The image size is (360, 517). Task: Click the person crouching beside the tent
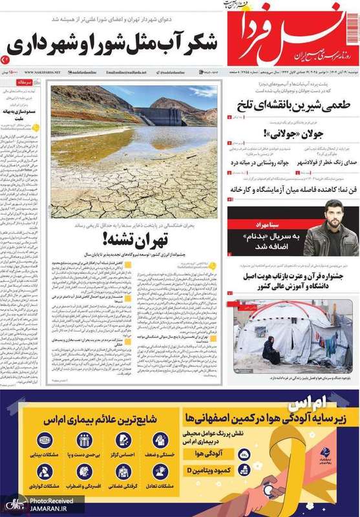click(x=272, y=352)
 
